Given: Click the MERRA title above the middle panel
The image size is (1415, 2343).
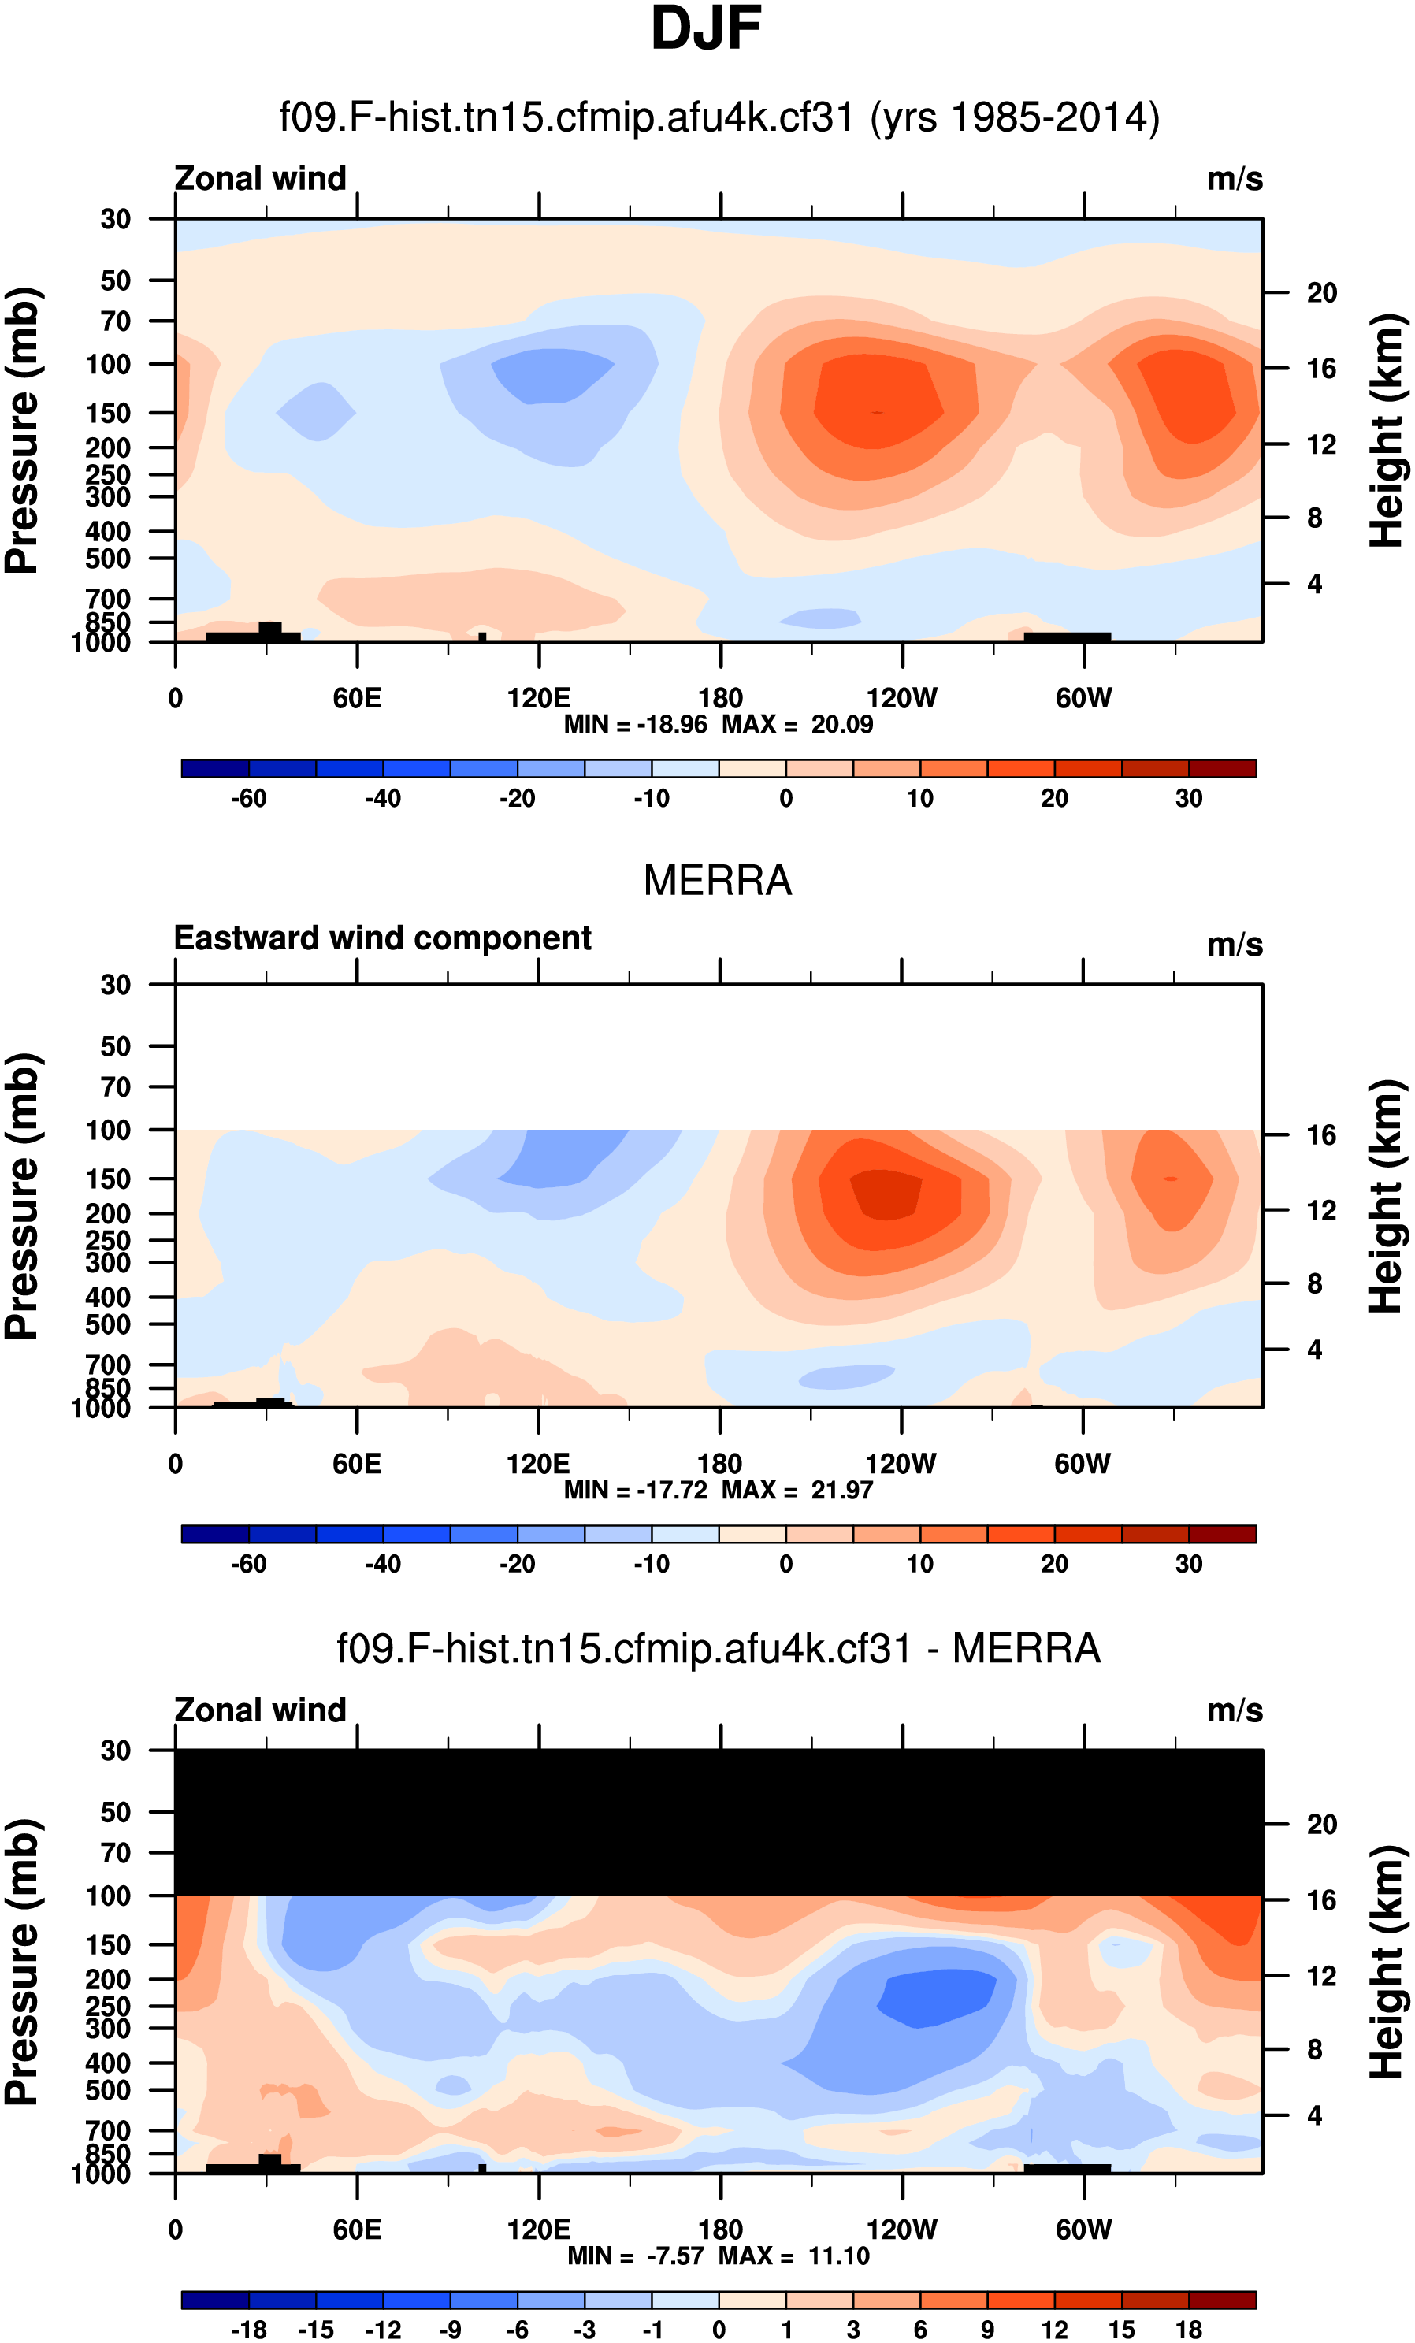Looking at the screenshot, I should (717, 881).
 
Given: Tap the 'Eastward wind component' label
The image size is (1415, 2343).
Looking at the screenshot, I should (382, 938).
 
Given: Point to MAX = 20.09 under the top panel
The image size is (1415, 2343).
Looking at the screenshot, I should (797, 725).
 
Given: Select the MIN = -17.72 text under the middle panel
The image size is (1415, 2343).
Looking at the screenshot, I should (635, 1490).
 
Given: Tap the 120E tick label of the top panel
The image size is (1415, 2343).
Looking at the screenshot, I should (538, 699).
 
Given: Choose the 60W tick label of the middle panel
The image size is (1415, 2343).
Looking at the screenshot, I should (1083, 1465).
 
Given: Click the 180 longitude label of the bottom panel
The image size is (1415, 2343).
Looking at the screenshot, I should (720, 2230).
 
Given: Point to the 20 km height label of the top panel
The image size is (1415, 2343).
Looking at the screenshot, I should (1321, 293).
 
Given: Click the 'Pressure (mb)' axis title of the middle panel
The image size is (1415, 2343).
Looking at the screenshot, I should (23, 1196).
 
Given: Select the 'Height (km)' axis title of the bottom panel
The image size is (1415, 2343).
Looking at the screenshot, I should (1387, 1962).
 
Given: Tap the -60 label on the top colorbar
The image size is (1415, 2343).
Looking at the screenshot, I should (248, 799).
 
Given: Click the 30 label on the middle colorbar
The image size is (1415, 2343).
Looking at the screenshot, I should (1188, 1564).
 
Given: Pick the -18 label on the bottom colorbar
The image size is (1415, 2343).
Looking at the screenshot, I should (248, 2330).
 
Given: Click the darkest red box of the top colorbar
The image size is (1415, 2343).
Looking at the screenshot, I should (1222, 768).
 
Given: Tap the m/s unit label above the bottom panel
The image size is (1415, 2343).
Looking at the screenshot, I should (1235, 1710).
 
